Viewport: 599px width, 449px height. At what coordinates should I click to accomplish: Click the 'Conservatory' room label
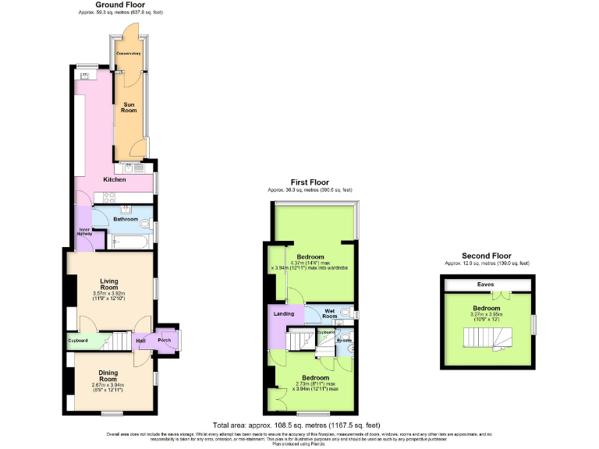coord(128,53)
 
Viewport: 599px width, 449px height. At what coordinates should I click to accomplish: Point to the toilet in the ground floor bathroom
coord(145,222)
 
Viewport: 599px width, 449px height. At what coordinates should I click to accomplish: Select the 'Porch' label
coord(165,341)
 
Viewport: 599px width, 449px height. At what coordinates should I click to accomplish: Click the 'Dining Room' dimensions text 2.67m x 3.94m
coord(108,385)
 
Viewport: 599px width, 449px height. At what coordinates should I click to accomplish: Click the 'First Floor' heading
coord(310,182)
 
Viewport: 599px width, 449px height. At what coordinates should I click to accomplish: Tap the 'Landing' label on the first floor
coord(282,315)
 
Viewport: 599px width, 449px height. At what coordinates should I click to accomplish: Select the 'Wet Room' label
coord(330,313)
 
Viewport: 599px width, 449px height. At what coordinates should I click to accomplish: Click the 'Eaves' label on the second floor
coord(485,285)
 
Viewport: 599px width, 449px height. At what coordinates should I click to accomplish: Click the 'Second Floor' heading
coord(486,256)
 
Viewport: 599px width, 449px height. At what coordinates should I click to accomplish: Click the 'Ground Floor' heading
coord(119,5)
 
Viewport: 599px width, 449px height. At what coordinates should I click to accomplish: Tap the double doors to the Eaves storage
coord(506,295)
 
